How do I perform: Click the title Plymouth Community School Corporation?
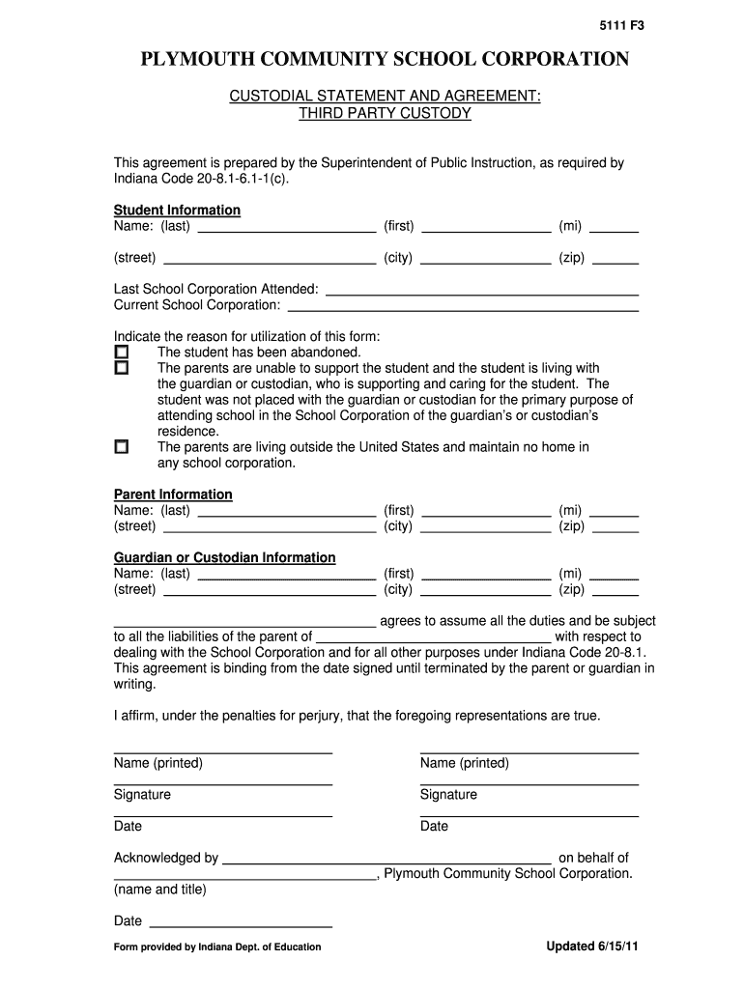coord(385,60)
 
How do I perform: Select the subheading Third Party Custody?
coord(385,113)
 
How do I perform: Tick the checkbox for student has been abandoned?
coord(122,353)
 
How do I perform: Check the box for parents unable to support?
coord(122,368)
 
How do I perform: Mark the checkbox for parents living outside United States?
coord(122,447)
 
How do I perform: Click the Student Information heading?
coord(177,210)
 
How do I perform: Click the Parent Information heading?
coord(173,494)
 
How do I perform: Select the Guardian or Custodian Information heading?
coord(224,557)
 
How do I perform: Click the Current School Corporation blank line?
coord(464,306)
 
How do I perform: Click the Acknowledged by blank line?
coord(386,859)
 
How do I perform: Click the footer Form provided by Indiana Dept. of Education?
coord(217,947)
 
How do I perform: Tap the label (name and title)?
coord(160,889)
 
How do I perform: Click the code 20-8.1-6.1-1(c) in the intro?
coord(240,179)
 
